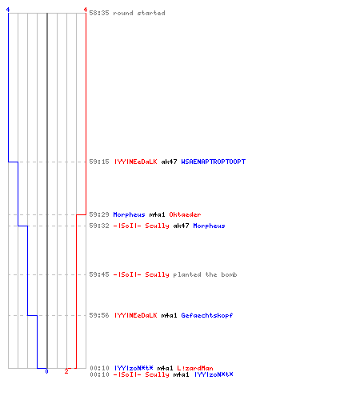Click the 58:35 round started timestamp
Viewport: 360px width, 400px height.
click(x=99, y=13)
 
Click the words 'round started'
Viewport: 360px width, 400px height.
click(x=139, y=13)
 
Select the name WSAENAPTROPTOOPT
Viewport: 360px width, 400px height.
click(x=213, y=162)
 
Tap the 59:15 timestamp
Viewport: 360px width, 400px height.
click(x=99, y=162)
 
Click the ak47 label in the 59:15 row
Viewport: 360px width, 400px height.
click(x=169, y=162)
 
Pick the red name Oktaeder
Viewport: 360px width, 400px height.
click(x=185, y=214)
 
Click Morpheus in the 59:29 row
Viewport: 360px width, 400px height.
click(x=129, y=214)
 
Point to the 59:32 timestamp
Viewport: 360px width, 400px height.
click(x=99, y=226)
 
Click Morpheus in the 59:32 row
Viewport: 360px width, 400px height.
click(x=209, y=226)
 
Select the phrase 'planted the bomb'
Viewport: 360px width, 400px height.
click(x=205, y=274)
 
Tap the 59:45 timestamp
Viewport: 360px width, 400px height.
click(x=99, y=274)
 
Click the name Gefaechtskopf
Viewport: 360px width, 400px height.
click(x=207, y=315)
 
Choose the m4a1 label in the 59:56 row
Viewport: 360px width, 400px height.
click(x=169, y=315)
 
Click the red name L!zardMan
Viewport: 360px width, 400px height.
click(x=195, y=368)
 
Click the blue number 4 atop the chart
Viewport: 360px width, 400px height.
click(x=8, y=10)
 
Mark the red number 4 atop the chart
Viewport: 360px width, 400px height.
click(x=86, y=10)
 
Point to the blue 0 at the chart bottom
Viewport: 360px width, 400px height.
click(x=46, y=371)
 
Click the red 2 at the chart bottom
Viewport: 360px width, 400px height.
click(x=66, y=371)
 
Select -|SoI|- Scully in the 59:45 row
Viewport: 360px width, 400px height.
click(x=141, y=274)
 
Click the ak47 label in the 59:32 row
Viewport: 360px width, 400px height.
click(x=181, y=226)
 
